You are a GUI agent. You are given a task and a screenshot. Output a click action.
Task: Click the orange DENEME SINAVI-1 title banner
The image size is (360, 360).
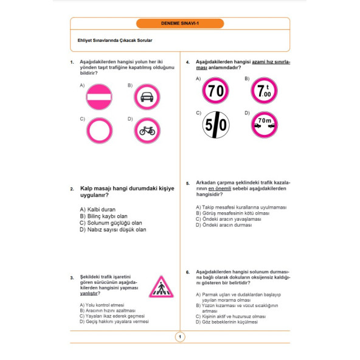(180, 24)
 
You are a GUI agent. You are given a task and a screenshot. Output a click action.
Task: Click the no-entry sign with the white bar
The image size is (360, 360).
(99, 97)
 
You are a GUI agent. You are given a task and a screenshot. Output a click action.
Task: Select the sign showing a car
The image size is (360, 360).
(147, 97)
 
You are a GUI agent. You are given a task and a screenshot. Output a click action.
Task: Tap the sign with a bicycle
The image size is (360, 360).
(147, 131)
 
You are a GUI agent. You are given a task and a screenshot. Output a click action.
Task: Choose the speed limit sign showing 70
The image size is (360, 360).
(215, 91)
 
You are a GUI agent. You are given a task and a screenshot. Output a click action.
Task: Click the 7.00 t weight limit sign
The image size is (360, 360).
(265, 91)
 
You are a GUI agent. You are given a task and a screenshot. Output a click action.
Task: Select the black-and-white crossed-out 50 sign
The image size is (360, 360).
(216, 125)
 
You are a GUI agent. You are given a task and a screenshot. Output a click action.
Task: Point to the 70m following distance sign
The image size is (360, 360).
(265, 125)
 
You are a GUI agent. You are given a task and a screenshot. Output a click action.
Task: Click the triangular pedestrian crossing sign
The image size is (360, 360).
(161, 287)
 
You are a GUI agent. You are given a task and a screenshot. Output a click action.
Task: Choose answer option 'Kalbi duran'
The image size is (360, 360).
(97, 209)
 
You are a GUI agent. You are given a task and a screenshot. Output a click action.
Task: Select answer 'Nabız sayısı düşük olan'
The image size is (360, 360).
(112, 230)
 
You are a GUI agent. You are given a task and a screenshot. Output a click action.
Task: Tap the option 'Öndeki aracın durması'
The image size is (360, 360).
(224, 225)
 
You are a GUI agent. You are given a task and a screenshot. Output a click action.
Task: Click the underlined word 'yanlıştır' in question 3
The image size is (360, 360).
(89, 294)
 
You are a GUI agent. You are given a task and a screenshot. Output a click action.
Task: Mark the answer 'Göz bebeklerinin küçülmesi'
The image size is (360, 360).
(227, 322)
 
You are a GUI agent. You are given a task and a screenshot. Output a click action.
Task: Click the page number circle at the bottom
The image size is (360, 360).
(180, 337)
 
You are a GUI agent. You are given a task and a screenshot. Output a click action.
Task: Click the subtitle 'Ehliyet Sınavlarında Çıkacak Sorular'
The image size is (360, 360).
(115, 40)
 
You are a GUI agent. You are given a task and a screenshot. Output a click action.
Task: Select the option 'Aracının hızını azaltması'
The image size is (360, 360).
(108, 311)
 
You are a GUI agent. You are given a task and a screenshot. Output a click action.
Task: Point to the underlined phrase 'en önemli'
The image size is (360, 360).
(220, 189)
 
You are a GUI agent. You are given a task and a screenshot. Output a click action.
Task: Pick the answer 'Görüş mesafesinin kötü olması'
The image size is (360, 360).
(232, 213)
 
